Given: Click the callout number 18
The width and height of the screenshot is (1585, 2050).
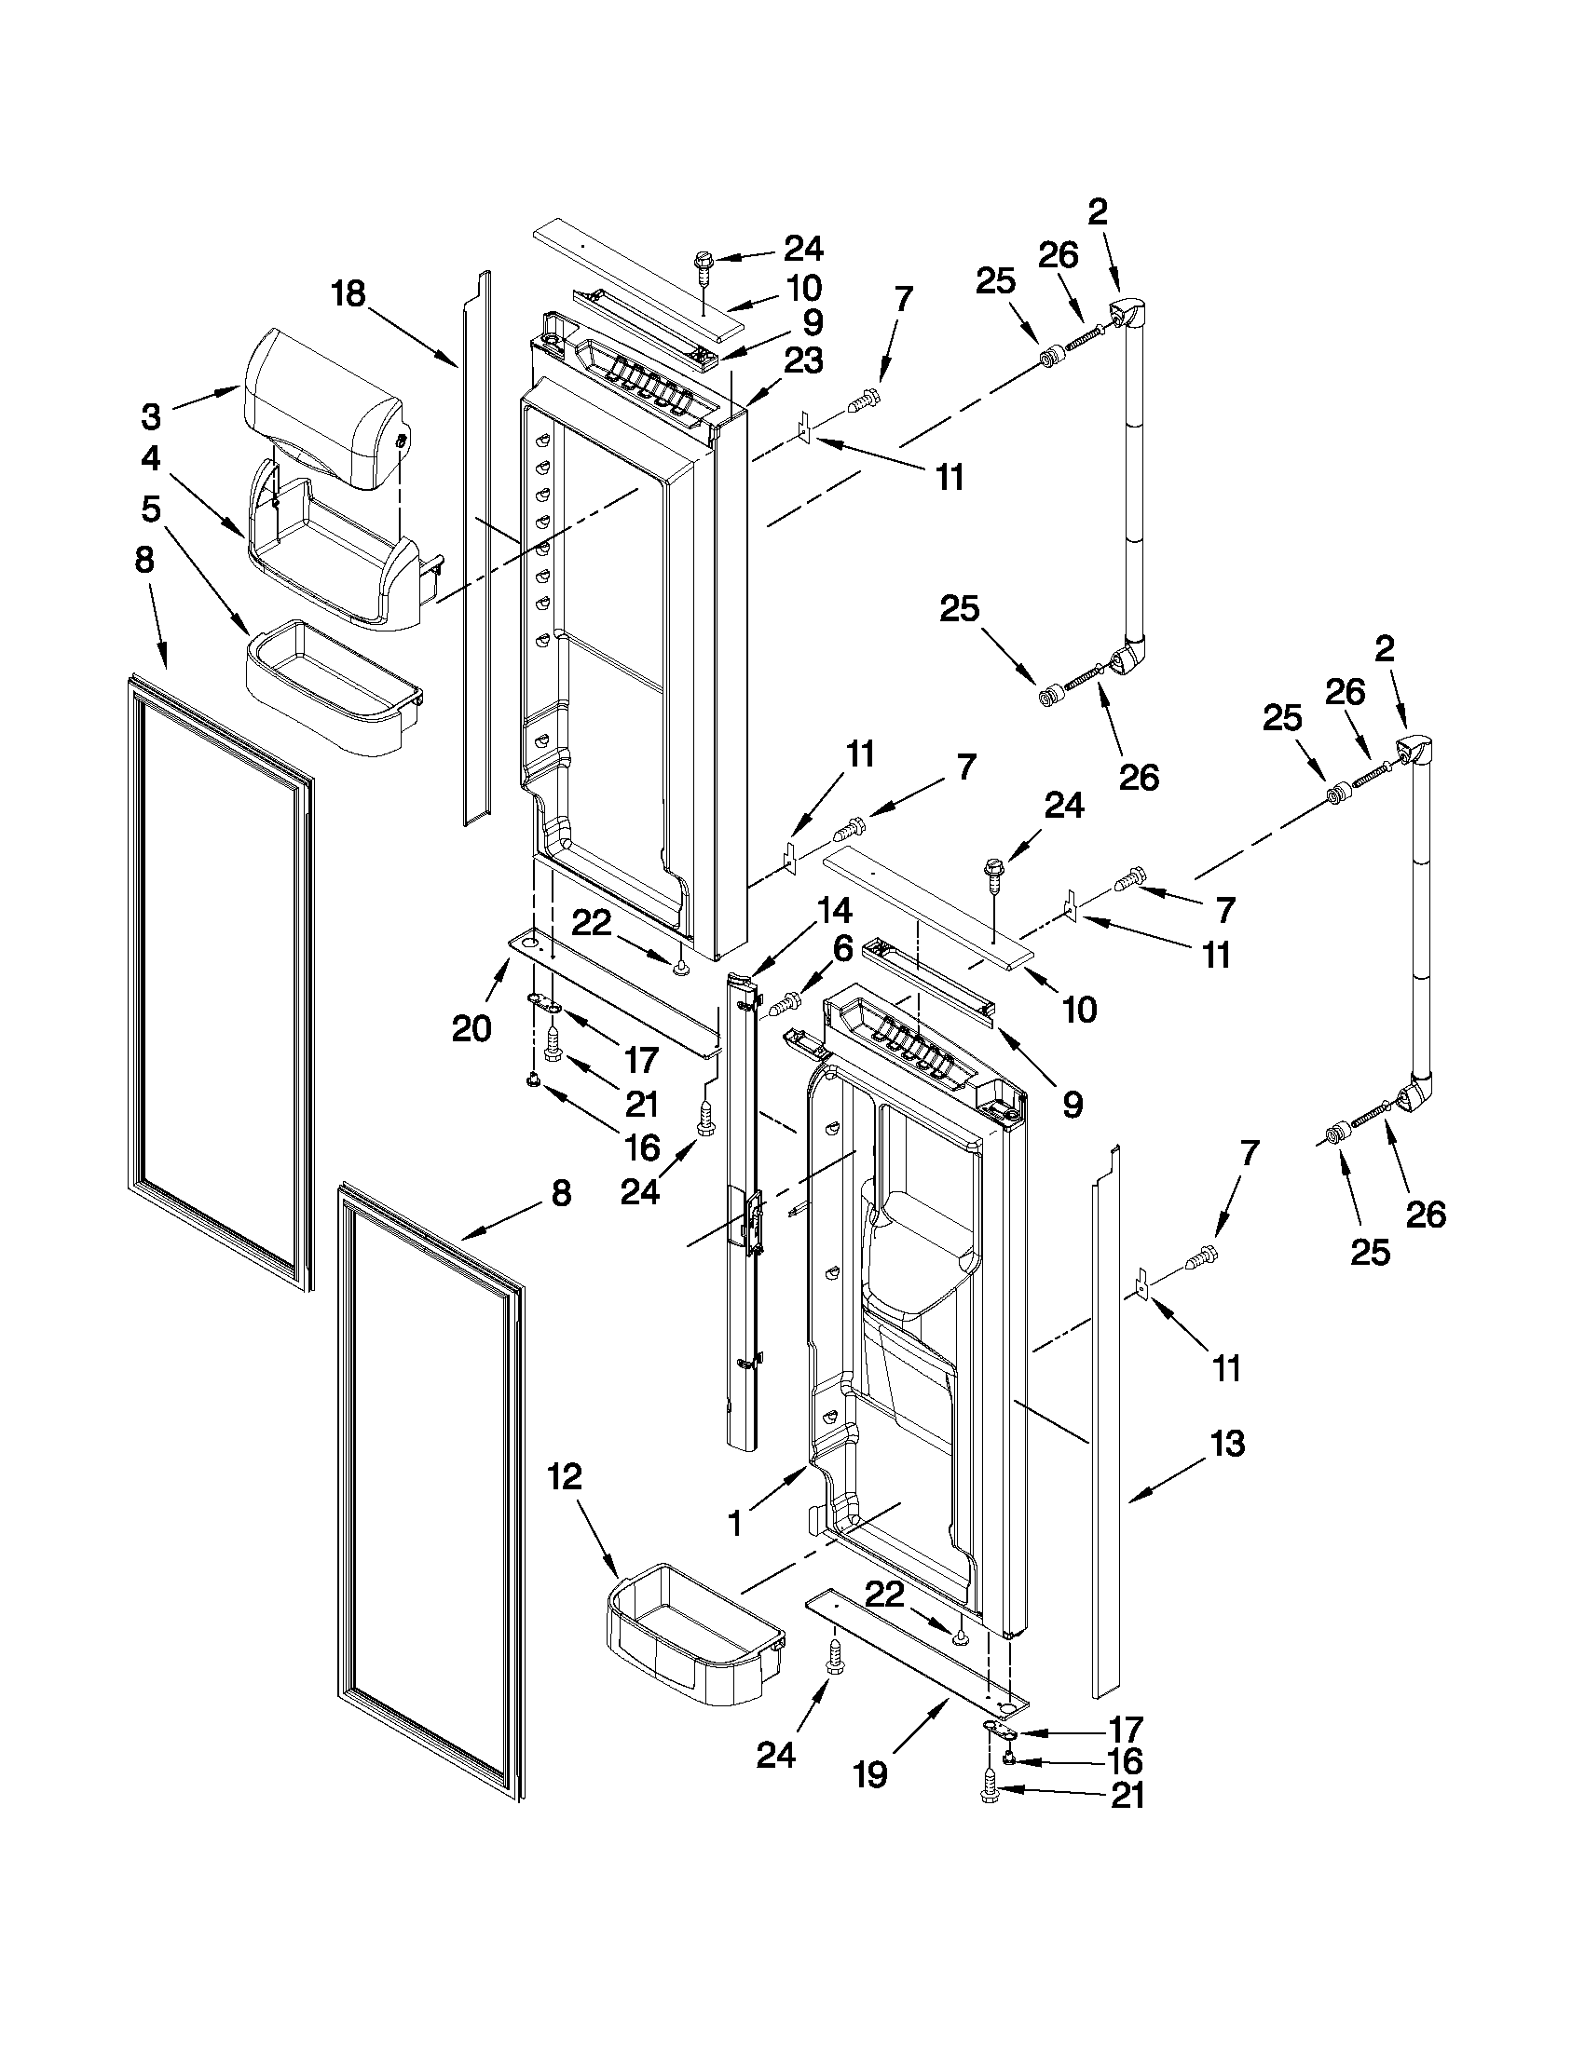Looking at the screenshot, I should click(x=348, y=293).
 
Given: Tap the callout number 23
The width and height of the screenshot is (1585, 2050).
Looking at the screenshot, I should click(x=804, y=360).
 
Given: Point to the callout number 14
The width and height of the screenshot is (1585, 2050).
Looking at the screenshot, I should click(x=834, y=910).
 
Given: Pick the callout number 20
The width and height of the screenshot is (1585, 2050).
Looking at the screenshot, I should click(x=471, y=1029).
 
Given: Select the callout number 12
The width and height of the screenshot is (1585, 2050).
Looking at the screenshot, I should click(x=566, y=1476).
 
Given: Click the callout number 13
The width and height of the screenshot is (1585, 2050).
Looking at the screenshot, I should click(x=1227, y=1443).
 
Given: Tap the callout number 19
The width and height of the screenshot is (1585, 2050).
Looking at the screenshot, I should click(x=871, y=1774).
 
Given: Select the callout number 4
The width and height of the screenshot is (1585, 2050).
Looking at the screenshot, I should click(x=150, y=459).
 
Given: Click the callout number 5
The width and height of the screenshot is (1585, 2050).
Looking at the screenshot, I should click(x=150, y=509).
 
